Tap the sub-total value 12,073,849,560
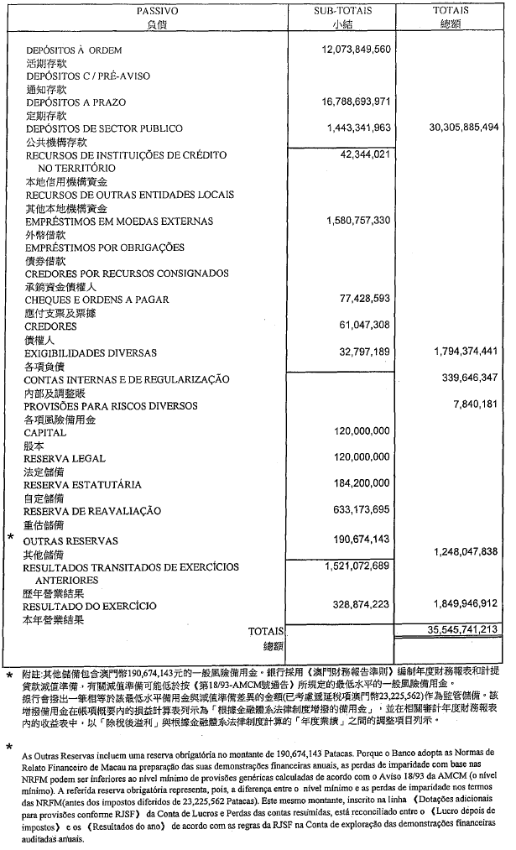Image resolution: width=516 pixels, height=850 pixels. pyautogui.click(x=357, y=50)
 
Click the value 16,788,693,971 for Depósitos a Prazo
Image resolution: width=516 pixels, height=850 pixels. pyautogui.click(x=357, y=102)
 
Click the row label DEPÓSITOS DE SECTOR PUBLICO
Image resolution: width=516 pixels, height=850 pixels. pyautogui.click(x=104, y=129)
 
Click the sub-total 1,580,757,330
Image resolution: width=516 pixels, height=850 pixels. pyautogui.click(x=358, y=221)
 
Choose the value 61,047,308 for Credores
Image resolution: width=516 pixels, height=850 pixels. pyautogui.click(x=365, y=326)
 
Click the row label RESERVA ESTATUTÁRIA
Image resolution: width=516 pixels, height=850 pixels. pyautogui.click(x=82, y=485)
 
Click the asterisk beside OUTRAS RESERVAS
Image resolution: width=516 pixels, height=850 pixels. pyautogui.click(x=10, y=535)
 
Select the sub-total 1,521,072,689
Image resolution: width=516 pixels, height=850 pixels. pyautogui.click(x=358, y=566)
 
